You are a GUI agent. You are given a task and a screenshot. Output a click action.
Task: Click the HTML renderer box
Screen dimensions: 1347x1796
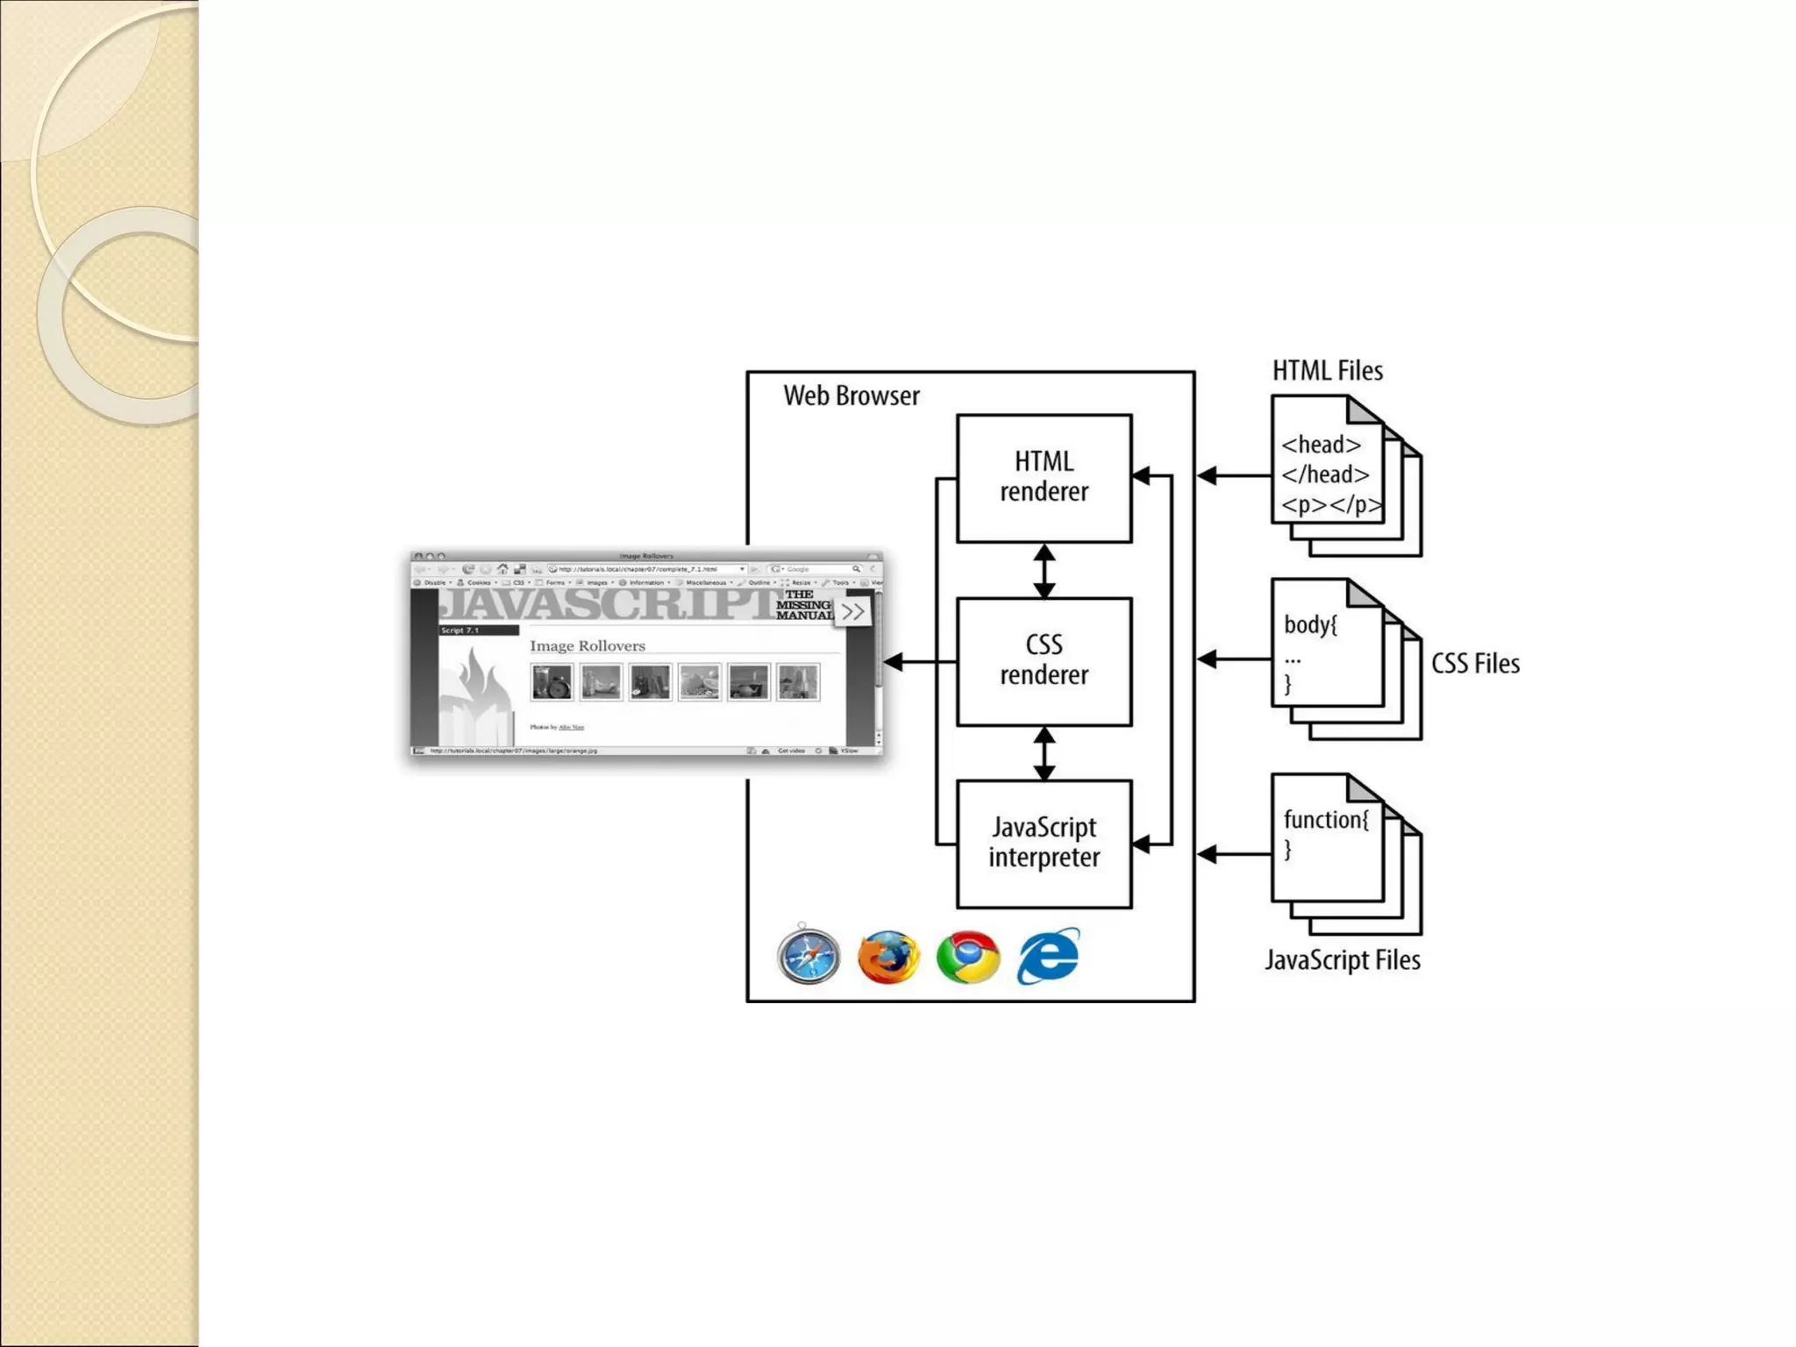pos(1044,478)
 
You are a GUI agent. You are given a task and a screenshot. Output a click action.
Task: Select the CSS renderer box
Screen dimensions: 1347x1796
pos(1044,661)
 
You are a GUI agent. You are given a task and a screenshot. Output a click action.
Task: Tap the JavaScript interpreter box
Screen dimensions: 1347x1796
pos(1044,844)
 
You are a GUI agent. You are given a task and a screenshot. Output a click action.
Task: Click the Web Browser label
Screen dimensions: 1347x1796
pos(851,396)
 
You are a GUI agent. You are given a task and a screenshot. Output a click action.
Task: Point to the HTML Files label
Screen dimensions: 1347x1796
pos(1327,371)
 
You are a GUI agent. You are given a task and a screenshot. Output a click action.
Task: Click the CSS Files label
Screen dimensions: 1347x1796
pos(1475,664)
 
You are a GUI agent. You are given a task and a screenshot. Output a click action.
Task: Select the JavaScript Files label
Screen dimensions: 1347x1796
pos(1342,960)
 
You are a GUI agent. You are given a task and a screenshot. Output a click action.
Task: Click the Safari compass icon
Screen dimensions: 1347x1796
pos(808,956)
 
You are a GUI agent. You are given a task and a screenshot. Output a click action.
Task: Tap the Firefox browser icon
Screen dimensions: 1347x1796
pos(887,957)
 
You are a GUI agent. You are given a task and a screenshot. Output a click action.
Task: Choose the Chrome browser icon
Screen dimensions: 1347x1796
pos(967,957)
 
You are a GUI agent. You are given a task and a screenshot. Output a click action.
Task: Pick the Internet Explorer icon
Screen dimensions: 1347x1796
pos(1049,956)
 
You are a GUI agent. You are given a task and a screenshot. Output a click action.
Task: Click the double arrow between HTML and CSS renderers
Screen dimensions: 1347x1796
pos(1044,571)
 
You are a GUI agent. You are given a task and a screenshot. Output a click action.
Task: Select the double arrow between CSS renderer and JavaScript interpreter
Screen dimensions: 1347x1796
pos(1044,753)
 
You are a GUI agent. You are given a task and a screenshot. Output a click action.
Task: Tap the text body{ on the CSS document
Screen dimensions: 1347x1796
pos(1310,625)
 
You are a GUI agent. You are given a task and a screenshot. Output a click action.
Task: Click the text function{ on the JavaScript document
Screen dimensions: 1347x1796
pos(1325,820)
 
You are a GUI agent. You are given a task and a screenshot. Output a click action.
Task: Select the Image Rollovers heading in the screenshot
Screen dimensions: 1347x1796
pos(587,646)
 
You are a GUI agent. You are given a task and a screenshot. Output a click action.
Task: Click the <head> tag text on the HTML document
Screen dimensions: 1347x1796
pos(1321,445)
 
